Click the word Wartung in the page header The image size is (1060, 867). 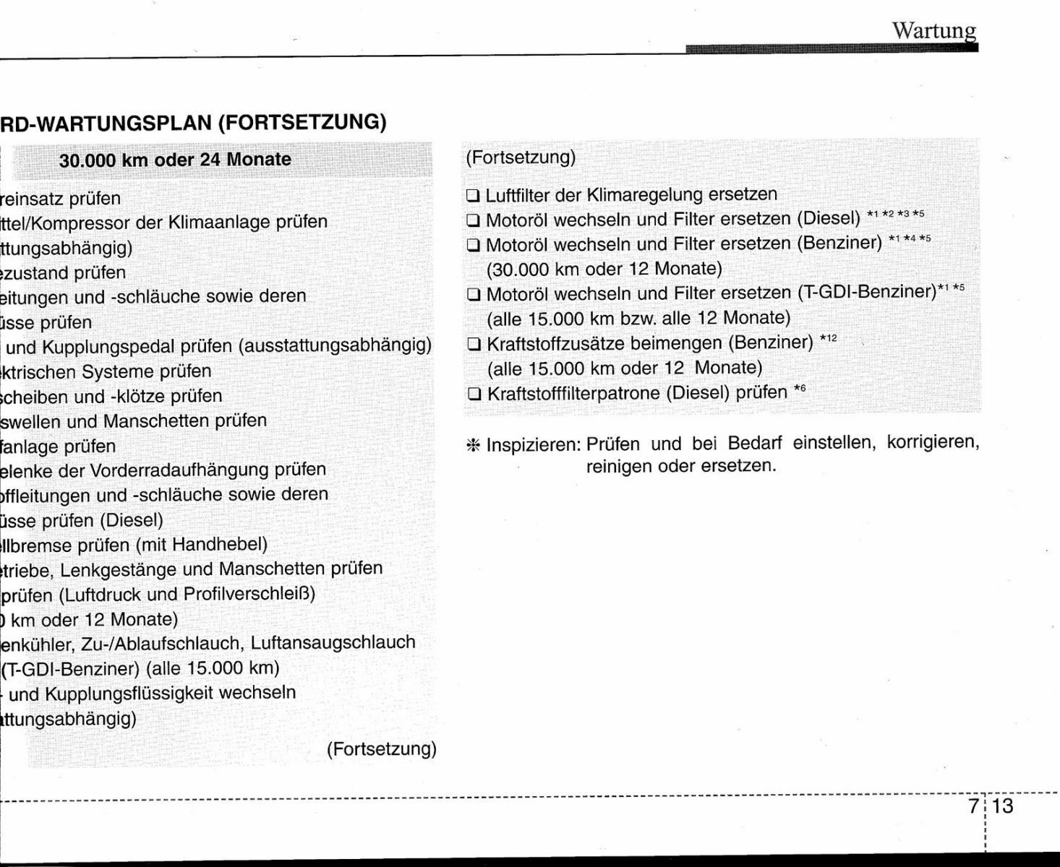click(x=933, y=30)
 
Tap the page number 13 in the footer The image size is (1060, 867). click(x=1003, y=806)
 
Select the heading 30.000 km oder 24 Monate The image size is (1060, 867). click(x=175, y=160)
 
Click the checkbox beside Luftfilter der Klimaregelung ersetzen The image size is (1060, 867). click(x=474, y=196)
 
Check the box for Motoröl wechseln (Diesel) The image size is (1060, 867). click(x=474, y=220)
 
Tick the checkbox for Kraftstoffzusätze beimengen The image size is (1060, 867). click(x=474, y=344)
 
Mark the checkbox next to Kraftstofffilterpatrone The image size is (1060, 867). click(x=474, y=394)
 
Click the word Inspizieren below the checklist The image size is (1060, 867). click(x=534, y=445)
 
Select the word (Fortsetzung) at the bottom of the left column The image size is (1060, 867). click(x=382, y=749)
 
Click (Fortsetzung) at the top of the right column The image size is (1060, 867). click(x=521, y=157)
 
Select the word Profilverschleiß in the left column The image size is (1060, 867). click(x=246, y=594)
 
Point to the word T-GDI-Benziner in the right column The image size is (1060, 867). click(x=868, y=293)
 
